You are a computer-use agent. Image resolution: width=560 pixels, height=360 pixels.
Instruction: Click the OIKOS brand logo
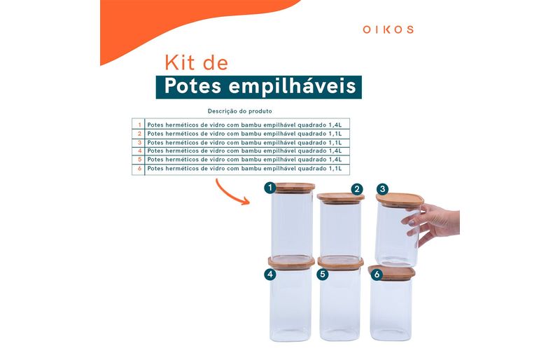tap(388, 29)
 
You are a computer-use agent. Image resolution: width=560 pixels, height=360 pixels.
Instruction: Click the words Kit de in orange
tap(197, 63)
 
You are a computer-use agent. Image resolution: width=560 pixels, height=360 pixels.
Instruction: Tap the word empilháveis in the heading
tap(292, 87)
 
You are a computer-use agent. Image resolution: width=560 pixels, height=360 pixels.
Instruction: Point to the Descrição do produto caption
tap(239, 111)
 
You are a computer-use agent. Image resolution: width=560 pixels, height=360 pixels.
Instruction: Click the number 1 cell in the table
tap(139, 125)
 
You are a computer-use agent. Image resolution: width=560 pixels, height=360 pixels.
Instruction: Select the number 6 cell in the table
tap(139, 168)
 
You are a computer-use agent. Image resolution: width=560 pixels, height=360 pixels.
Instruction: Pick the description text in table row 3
tap(244, 142)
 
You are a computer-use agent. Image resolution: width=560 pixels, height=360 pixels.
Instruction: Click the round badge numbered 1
tap(270, 187)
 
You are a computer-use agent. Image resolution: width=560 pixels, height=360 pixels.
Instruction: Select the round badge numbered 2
tap(357, 190)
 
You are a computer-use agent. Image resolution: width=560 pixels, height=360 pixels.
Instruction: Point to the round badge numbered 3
tap(382, 189)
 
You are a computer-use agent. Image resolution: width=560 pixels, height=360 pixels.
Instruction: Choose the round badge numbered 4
tap(270, 275)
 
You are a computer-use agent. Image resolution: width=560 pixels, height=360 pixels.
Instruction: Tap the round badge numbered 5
tap(323, 275)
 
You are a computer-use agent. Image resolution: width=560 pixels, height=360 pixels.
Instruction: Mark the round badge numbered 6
tap(377, 275)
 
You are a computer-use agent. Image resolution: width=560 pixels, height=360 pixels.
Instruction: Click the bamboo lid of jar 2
tap(340, 198)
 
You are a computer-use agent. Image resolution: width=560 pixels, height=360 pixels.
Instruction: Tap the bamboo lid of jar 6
tap(392, 272)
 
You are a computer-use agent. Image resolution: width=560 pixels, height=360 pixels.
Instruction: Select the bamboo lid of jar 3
tap(400, 200)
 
